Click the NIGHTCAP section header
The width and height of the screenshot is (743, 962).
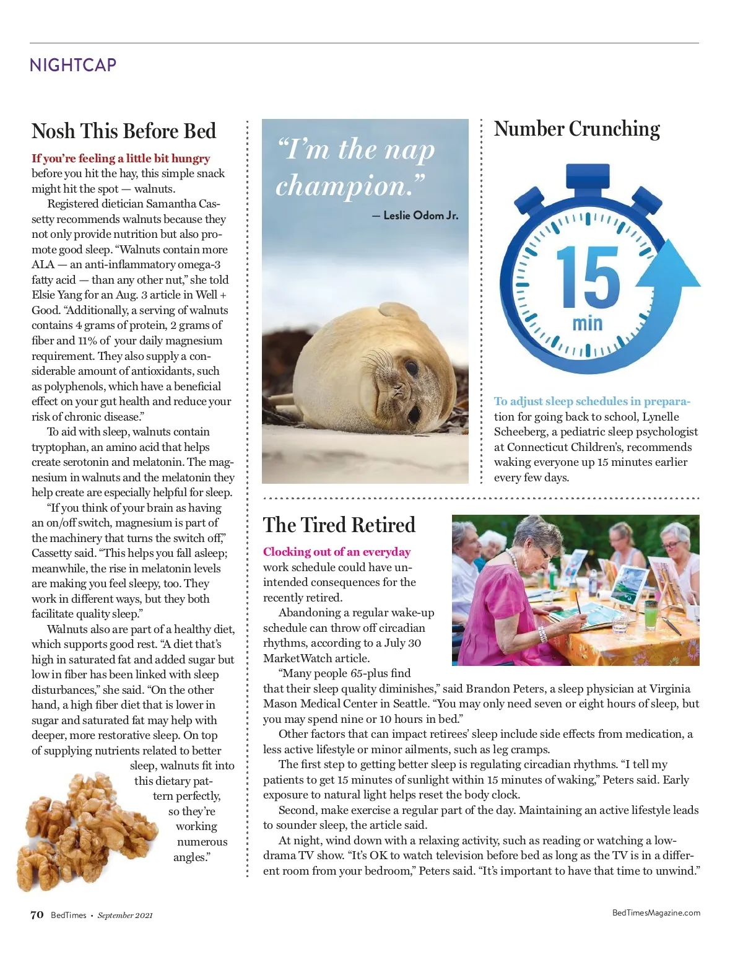[73, 65]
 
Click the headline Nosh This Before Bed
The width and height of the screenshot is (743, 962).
[124, 131]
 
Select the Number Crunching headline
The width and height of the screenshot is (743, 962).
[576, 129]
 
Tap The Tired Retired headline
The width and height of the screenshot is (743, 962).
[339, 525]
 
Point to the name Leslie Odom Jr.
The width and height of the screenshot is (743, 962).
[420, 216]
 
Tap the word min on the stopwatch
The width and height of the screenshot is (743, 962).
[587, 323]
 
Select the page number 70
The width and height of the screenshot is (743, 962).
[37, 915]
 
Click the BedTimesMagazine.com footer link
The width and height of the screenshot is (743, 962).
[656, 912]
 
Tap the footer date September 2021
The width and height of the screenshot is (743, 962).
[125, 916]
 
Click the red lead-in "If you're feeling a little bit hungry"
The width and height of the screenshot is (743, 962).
[121, 159]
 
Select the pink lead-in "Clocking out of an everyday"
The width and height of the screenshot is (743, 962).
[336, 552]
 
